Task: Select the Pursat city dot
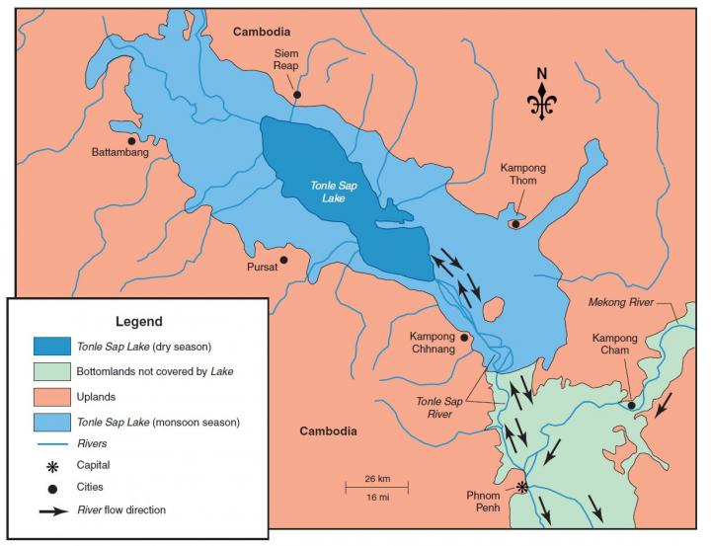point(284,261)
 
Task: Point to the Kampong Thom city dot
point(514,224)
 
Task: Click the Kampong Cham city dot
point(631,404)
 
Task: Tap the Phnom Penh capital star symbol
point(523,487)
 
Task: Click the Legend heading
point(138,322)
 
